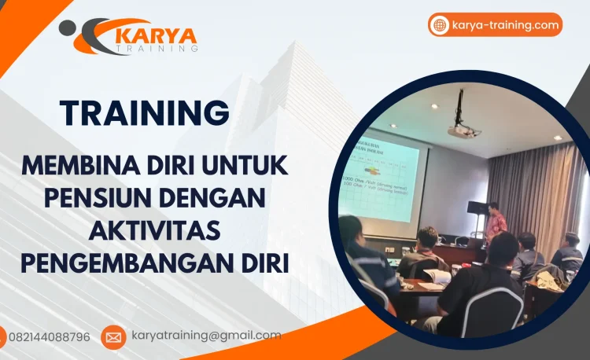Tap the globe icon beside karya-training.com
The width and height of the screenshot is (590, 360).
440,25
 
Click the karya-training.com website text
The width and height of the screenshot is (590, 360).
506,25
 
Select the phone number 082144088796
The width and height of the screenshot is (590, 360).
50,337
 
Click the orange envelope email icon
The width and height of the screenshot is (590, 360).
113,337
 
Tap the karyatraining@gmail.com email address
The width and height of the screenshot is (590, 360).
206,336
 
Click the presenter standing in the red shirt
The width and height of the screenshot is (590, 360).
496,223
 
